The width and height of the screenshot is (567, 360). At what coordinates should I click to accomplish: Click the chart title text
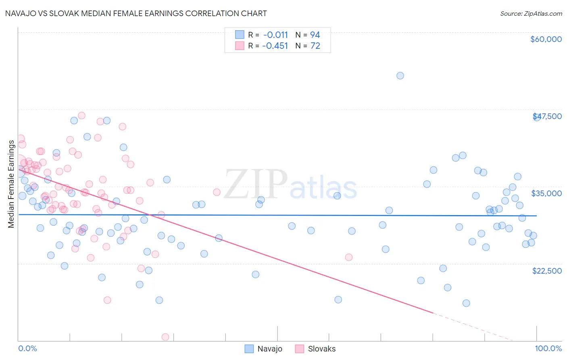tap(135, 13)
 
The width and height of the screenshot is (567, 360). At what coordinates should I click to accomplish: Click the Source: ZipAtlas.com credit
tap(531, 13)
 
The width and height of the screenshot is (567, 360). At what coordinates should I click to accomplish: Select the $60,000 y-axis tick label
tap(546, 39)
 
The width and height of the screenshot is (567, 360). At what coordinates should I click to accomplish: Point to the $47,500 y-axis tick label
tap(547, 116)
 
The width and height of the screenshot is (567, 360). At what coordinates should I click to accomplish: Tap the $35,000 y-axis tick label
tap(546, 193)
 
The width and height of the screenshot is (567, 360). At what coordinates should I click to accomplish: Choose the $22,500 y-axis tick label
tap(547, 271)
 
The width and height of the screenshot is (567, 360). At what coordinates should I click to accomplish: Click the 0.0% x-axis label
tap(27, 348)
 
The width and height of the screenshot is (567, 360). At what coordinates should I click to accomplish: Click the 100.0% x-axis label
tap(548, 348)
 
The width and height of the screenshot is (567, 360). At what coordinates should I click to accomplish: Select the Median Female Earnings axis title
tap(11, 184)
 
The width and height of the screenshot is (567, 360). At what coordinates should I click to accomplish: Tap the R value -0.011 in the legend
tap(275, 35)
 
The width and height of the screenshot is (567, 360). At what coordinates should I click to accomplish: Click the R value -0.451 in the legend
tap(275, 46)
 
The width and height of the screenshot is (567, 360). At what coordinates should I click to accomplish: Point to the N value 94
tap(315, 35)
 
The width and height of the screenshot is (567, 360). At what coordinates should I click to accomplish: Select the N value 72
tap(315, 46)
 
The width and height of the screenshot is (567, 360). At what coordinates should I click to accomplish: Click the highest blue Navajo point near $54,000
tap(400, 75)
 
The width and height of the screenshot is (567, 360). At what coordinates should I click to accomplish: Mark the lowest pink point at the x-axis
tap(165, 337)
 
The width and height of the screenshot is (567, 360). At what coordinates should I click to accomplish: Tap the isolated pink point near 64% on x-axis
tap(349, 257)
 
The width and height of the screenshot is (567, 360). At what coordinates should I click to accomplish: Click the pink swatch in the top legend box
tap(240, 46)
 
